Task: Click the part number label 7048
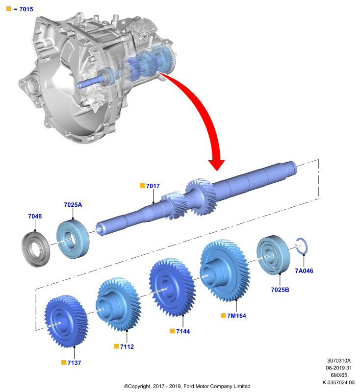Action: point(35,216)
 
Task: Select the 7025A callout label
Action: point(73,205)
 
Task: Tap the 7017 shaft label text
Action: point(153,186)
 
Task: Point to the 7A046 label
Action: point(304,271)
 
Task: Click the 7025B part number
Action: point(280,290)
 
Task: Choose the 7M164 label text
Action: point(237,316)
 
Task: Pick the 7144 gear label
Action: point(183,331)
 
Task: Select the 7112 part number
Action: point(127,347)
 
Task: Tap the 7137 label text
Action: point(74,363)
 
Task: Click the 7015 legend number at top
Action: point(26,9)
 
